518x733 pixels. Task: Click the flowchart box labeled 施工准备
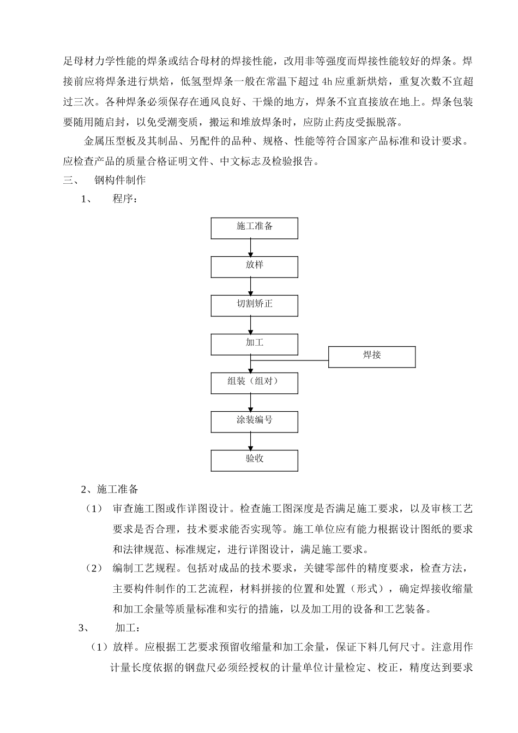coord(255,228)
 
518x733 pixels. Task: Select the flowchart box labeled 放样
coord(255,267)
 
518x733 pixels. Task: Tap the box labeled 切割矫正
coord(255,305)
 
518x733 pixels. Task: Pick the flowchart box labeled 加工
coord(255,344)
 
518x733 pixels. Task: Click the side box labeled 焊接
coord(372,357)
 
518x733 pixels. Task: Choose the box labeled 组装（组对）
coord(255,383)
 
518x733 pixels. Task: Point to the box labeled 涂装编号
coord(255,422)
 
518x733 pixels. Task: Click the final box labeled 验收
coord(255,460)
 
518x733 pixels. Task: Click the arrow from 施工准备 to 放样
coord(251,248)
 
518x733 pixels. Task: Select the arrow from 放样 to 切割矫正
coord(251,286)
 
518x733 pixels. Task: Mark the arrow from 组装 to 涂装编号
coord(251,402)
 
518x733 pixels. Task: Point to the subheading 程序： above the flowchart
coord(125,199)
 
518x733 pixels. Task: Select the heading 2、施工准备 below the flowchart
coord(110,489)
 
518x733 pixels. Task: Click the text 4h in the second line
coord(327,82)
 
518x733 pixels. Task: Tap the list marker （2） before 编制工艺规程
coord(94,568)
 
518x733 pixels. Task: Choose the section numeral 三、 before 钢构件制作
coord(71,180)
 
